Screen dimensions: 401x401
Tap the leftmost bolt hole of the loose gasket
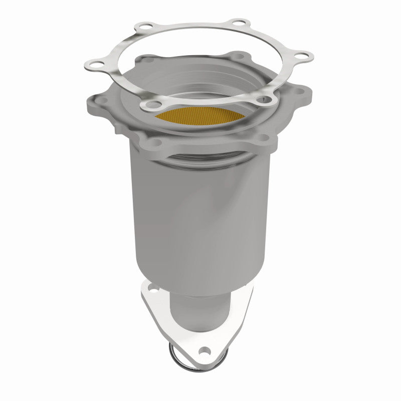pos(93,63)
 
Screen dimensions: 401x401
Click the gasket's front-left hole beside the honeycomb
pos(149,104)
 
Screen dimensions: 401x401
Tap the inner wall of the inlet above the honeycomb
pos(200,88)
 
